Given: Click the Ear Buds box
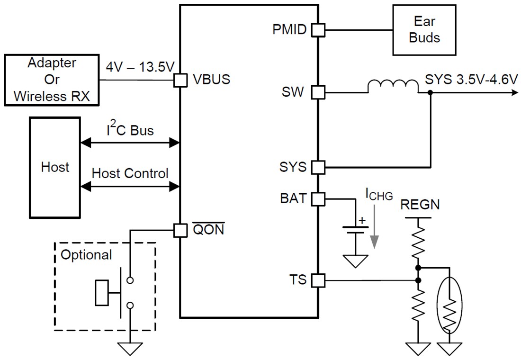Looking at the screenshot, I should tap(424, 30).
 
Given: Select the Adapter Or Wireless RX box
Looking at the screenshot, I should tap(52, 80).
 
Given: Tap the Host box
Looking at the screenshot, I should tap(54, 167).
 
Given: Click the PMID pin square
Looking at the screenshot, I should tap(318, 30).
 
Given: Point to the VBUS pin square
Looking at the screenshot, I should tap(180, 80).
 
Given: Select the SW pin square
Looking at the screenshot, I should tap(318, 92).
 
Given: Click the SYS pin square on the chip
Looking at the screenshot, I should tap(318, 167).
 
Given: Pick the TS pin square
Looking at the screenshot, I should tap(318, 280).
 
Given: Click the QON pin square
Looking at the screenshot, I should tap(180, 231).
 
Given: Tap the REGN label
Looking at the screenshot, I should tap(420, 205).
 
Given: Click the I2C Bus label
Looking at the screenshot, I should tap(130, 130).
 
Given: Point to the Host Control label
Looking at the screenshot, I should tap(130, 173).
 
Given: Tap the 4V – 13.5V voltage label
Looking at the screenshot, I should tap(140, 67).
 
